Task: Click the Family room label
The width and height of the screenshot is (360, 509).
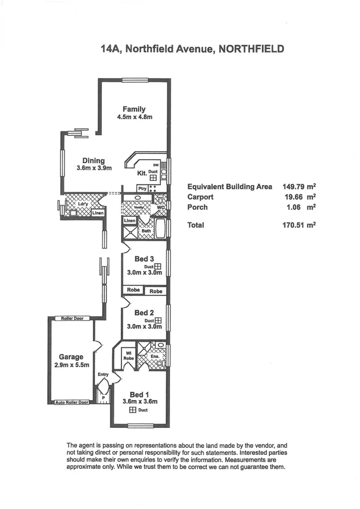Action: [134, 109]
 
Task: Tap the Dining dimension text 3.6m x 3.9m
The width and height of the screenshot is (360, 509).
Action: [94, 168]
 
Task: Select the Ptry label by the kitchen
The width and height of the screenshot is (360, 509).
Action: [143, 188]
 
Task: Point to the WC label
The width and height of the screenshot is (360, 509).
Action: [161, 207]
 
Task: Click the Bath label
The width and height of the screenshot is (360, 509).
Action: [146, 231]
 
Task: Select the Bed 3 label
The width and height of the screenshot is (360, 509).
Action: [144, 259]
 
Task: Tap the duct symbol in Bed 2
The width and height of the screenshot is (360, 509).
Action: [158, 321]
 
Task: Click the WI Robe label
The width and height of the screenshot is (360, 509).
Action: [128, 355]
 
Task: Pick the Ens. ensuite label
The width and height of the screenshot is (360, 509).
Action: [154, 356]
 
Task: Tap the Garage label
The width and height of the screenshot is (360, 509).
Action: [71, 357]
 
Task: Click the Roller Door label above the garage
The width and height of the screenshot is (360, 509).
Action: [72, 318]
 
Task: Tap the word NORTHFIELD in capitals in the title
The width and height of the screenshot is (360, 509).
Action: [252, 49]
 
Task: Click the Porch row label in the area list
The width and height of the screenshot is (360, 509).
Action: [197, 207]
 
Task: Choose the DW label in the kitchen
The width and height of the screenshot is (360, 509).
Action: [156, 165]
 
